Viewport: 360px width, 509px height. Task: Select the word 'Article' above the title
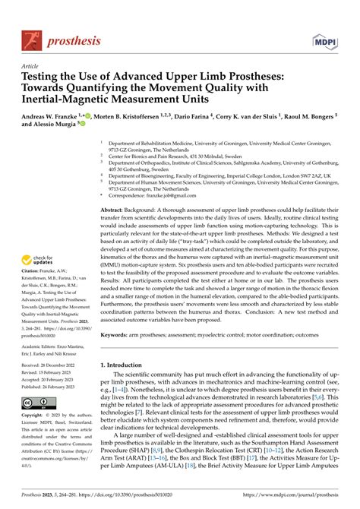(x=30, y=66)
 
